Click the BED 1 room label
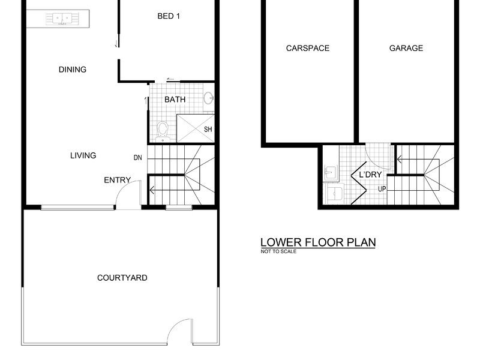[169, 16]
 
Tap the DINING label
[73, 70]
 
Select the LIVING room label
[83, 155]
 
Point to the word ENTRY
[117, 180]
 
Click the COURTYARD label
[122, 278]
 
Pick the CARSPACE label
[308, 48]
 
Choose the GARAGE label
[406, 48]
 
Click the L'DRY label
[370, 175]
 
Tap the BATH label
[175, 100]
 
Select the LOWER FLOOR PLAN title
[318, 242]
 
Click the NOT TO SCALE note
[278, 251]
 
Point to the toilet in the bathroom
[163, 131]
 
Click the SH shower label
[208, 129]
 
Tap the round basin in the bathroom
[209, 98]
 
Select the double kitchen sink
[62, 19]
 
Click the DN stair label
[138, 158]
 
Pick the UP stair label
[382, 189]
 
